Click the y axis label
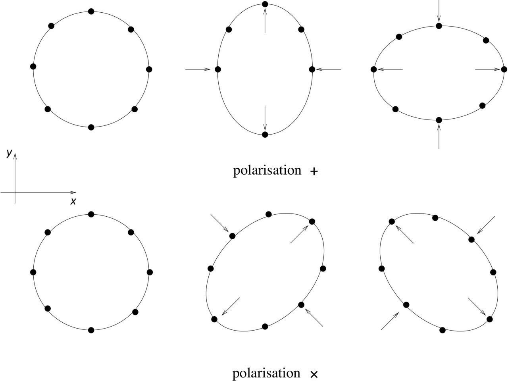pyautogui.click(x=8, y=153)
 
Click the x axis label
pyautogui.click(x=73, y=201)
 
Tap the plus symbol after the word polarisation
pyautogui.click(x=314, y=171)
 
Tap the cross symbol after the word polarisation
pyautogui.click(x=314, y=374)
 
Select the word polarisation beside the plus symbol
pyautogui.click(x=267, y=171)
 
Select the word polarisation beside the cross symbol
pyautogui.click(x=266, y=373)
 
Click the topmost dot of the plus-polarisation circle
pyautogui.click(x=91, y=11)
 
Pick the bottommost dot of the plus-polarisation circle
pyautogui.click(x=91, y=127)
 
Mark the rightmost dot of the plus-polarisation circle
pyautogui.click(x=149, y=69)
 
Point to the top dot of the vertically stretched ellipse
pyautogui.click(x=265, y=4)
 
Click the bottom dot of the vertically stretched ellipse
pyautogui.click(x=265, y=135)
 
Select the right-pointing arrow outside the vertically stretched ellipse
pyautogui.click(x=198, y=69)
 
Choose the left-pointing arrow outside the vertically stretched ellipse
pyautogui.click(x=329, y=69)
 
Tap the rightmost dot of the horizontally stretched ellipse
pyautogui.click(x=504, y=69)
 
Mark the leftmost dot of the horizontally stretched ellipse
pyautogui.click(x=373, y=69)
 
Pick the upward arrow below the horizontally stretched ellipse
pyautogui.click(x=439, y=137)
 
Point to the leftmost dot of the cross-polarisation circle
pyautogui.click(x=33, y=272)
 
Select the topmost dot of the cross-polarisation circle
pyautogui.click(x=91, y=214)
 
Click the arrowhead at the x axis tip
pyautogui.click(x=74, y=192)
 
